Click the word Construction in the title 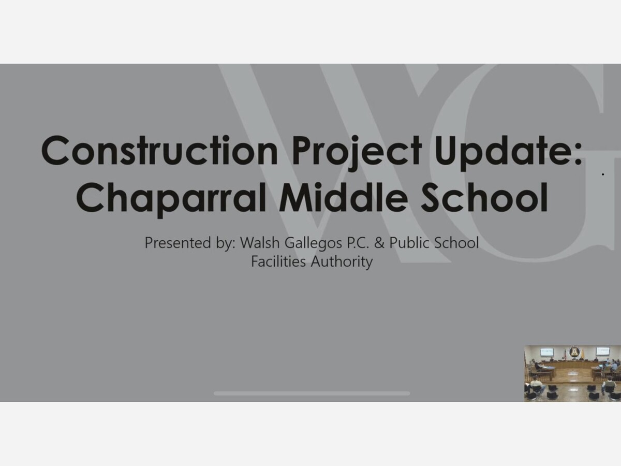click(159, 150)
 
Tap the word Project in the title click(357, 153)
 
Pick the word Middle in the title click(344, 197)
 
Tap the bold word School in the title click(484, 197)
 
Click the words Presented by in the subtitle click(190, 243)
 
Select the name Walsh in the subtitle click(260, 242)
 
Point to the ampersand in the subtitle click(379, 243)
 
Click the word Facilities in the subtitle click(278, 261)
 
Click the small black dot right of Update click(603, 174)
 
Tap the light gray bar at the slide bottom click(312, 394)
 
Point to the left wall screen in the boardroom click(546, 352)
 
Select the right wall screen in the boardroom click(602, 351)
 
